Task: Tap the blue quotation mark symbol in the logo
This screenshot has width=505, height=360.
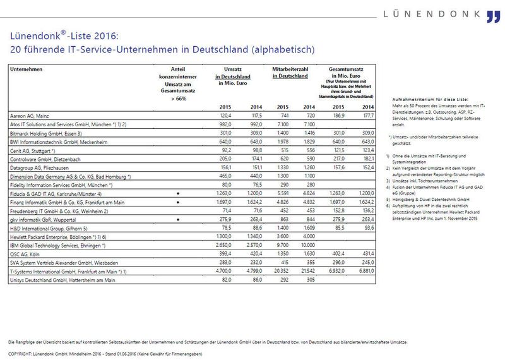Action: point(493,16)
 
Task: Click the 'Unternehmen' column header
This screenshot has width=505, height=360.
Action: point(26,68)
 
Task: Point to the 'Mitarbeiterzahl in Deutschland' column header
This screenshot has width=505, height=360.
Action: point(290,71)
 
